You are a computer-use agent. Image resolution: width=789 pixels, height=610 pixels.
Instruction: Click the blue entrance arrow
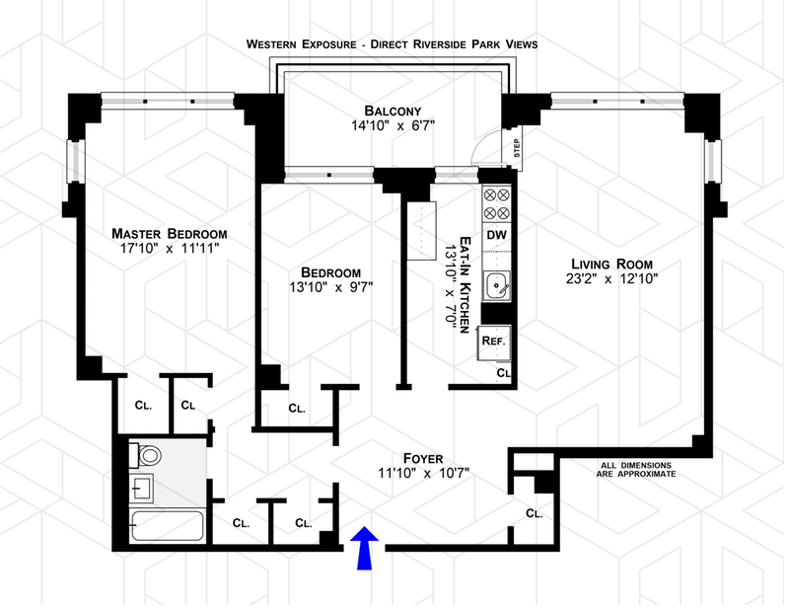(364, 548)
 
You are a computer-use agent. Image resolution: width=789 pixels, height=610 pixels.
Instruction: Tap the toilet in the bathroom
(146, 456)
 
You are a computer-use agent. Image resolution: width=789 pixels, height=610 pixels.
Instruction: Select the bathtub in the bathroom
(168, 526)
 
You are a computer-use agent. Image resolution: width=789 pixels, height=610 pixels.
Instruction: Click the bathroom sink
(142, 489)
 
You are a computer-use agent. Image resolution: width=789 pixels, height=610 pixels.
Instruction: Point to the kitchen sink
(497, 285)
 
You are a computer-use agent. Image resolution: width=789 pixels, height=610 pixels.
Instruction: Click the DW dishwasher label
(497, 235)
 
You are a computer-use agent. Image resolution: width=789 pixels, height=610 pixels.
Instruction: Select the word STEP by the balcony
(517, 148)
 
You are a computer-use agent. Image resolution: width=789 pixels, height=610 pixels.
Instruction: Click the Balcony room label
(393, 111)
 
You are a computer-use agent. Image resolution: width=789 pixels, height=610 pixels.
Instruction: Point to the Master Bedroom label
(169, 234)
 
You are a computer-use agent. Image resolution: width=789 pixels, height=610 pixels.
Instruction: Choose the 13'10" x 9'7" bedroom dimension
(330, 287)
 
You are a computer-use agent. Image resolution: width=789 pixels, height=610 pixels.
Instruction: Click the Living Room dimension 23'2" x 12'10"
(611, 278)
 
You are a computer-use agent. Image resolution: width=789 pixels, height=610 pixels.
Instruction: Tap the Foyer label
(423, 458)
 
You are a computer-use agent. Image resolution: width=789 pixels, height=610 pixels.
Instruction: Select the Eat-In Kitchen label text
(466, 284)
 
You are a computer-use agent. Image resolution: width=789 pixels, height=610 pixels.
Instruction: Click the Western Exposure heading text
(302, 44)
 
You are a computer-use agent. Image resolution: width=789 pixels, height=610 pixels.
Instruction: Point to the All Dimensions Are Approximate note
(636, 470)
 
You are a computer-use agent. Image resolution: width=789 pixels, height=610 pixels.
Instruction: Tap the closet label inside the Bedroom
(297, 409)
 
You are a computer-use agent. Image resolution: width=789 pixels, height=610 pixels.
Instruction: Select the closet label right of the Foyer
(535, 513)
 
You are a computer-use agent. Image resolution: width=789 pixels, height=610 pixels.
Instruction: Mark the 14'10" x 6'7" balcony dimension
(393, 125)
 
